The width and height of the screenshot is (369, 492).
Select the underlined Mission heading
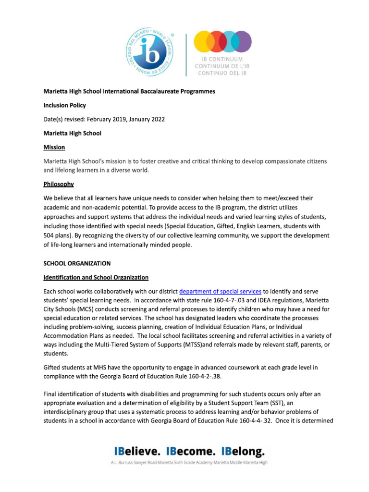tap(54, 147)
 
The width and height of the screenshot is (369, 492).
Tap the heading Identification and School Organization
tap(96, 277)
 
